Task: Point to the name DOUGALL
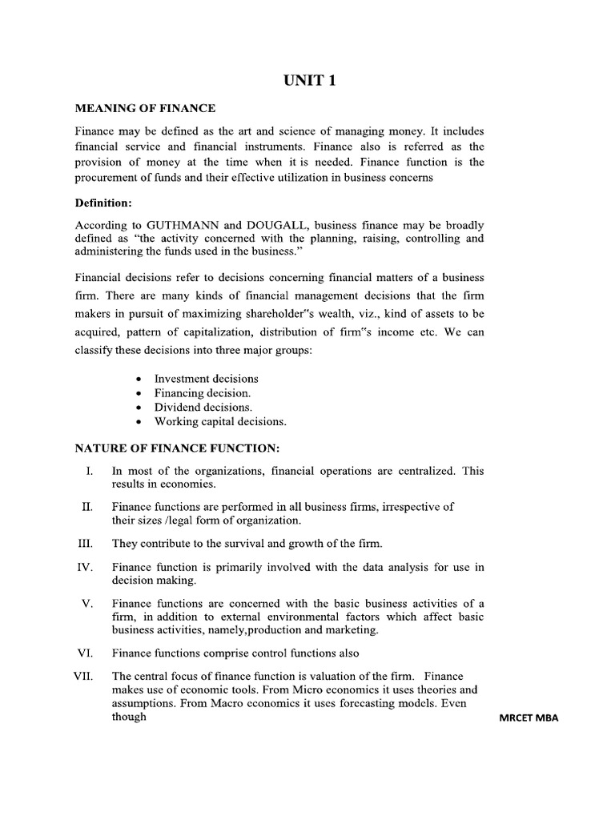tap(286, 226)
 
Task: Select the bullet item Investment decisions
tap(206, 378)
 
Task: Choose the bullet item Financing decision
tap(202, 392)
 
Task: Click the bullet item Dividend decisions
tap(203, 407)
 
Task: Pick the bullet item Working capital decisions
tap(219, 421)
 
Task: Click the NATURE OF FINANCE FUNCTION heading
tap(177, 448)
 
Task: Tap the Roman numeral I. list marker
tap(90, 471)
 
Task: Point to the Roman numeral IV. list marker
tap(86, 568)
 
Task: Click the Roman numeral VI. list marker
tap(86, 653)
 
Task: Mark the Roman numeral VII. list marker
tap(84, 677)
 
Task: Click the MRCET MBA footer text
tap(528, 718)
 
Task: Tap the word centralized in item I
tap(425, 471)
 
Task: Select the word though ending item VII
tap(129, 717)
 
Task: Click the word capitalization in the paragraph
tap(231, 332)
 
